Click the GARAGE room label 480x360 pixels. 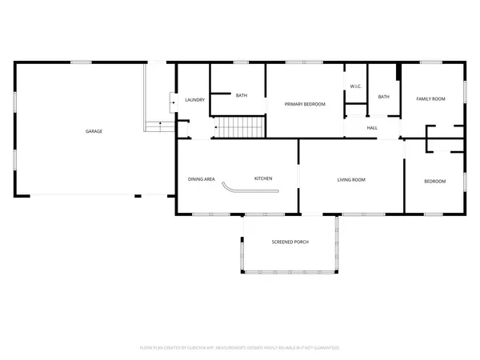(x=94, y=131)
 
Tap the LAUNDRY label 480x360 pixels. (x=194, y=100)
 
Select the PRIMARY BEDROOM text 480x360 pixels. (x=306, y=104)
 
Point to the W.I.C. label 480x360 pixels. (x=356, y=86)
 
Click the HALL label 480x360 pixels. (x=372, y=127)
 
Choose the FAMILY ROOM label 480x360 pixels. (x=430, y=99)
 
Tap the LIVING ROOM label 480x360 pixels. (x=351, y=180)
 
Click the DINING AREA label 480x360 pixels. (x=202, y=179)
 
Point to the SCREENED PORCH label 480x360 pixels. (x=290, y=242)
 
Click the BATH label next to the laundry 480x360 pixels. (x=241, y=96)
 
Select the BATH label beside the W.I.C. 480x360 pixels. (x=383, y=97)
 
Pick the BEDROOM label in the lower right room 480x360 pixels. (x=434, y=182)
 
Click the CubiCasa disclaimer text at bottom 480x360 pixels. (x=240, y=348)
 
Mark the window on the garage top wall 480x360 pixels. (x=81, y=62)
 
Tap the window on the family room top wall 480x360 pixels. (x=432, y=62)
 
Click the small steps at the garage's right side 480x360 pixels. (x=159, y=124)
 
